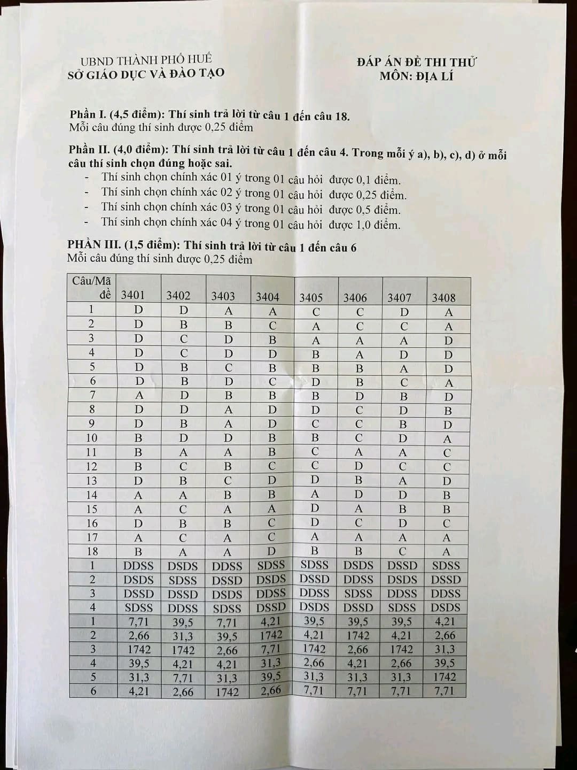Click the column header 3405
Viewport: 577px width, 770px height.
311,297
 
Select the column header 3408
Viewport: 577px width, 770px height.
443,298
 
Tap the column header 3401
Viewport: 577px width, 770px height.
133,295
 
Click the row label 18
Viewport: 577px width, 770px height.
92,551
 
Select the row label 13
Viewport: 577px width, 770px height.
92,480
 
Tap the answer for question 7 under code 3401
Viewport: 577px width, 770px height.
139,396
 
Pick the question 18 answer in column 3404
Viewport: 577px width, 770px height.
271,551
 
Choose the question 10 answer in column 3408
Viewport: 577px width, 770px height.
447,439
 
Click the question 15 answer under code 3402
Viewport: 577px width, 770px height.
183,510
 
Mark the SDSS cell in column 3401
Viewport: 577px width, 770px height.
139,608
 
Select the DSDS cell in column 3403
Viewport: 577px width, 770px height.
227,594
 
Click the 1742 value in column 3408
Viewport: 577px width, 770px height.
445,677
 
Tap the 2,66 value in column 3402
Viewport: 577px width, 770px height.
183,692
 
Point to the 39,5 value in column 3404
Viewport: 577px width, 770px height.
271,677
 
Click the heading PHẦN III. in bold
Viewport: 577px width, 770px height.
93,245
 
